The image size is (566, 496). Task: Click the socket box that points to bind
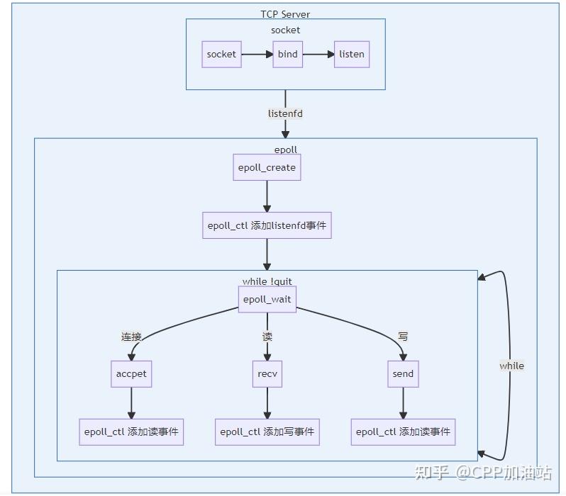pyautogui.click(x=221, y=54)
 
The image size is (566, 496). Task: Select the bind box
pyautogui.click(x=287, y=54)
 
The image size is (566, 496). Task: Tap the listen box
pyautogui.click(x=352, y=54)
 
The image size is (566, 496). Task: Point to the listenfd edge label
pyautogui.click(x=285, y=113)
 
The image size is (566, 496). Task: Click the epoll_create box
pyautogui.click(x=267, y=168)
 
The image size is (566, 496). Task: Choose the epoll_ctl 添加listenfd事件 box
pyautogui.click(x=267, y=227)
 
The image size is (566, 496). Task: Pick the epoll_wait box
pyautogui.click(x=267, y=299)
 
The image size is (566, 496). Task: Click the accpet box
pyautogui.click(x=131, y=373)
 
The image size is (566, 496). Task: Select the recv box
pyautogui.click(x=267, y=373)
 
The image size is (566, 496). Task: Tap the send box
pyautogui.click(x=403, y=373)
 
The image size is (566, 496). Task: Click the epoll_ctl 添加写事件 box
pyautogui.click(x=267, y=432)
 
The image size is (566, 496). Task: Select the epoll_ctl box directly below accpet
pyautogui.click(x=131, y=432)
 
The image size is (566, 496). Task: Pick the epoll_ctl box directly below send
pyautogui.click(x=403, y=432)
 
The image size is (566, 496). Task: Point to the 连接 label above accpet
pyautogui.click(x=132, y=337)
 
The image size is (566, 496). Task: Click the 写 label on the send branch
pyautogui.click(x=403, y=337)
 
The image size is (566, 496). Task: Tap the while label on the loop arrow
pyautogui.click(x=511, y=366)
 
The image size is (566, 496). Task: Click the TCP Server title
pyautogui.click(x=285, y=14)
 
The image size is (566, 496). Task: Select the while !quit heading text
pyautogui.click(x=267, y=281)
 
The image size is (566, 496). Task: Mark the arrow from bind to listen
pyautogui.click(x=318, y=54)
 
